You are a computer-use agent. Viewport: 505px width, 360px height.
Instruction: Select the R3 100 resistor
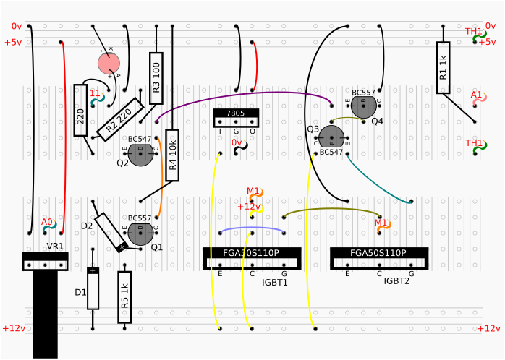point(156,72)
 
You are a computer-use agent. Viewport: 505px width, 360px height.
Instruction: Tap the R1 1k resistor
point(443,67)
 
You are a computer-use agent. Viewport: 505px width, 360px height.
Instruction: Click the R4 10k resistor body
point(172,155)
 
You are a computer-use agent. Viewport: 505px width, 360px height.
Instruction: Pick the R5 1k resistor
point(124,297)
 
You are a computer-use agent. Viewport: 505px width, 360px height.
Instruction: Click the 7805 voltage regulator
point(236,117)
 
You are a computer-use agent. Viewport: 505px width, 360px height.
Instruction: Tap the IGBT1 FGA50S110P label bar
point(252,253)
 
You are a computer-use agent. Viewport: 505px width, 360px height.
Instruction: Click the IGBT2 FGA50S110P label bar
point(378,253)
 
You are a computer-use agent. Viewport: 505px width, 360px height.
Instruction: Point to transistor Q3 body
point(331,137)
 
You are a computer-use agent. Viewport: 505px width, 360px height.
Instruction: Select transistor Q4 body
point(363,106)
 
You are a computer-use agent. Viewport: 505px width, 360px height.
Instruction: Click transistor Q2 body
point(140,154)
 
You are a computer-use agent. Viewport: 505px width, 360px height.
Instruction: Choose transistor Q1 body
point(140,233)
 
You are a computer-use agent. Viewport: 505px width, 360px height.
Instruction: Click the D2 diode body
point(111,231)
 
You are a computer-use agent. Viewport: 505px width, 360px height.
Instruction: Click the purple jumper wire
point(239,98)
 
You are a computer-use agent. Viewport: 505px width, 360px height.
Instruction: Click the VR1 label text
point(56,247)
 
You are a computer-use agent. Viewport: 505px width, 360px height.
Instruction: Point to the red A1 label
point(476,95)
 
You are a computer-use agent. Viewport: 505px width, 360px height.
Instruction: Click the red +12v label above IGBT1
point(249,207)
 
